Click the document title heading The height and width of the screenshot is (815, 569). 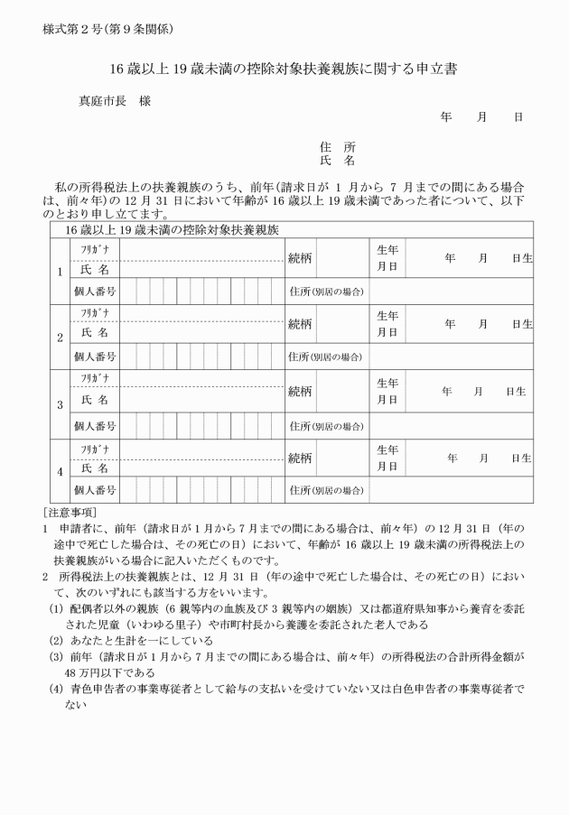pos(284,68)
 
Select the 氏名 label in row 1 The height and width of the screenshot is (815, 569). pos(95,269)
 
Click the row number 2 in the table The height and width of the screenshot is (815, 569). pos(60,338)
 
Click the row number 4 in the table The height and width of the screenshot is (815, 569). pos(60,471)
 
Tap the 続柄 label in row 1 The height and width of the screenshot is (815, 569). pos(301,259)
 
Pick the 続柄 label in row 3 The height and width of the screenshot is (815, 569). pos(301,391)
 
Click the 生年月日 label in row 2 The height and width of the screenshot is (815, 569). pos(387,324)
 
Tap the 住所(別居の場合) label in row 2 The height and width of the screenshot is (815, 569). pos(326,357)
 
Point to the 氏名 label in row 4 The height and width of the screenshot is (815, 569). pos(95,468)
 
